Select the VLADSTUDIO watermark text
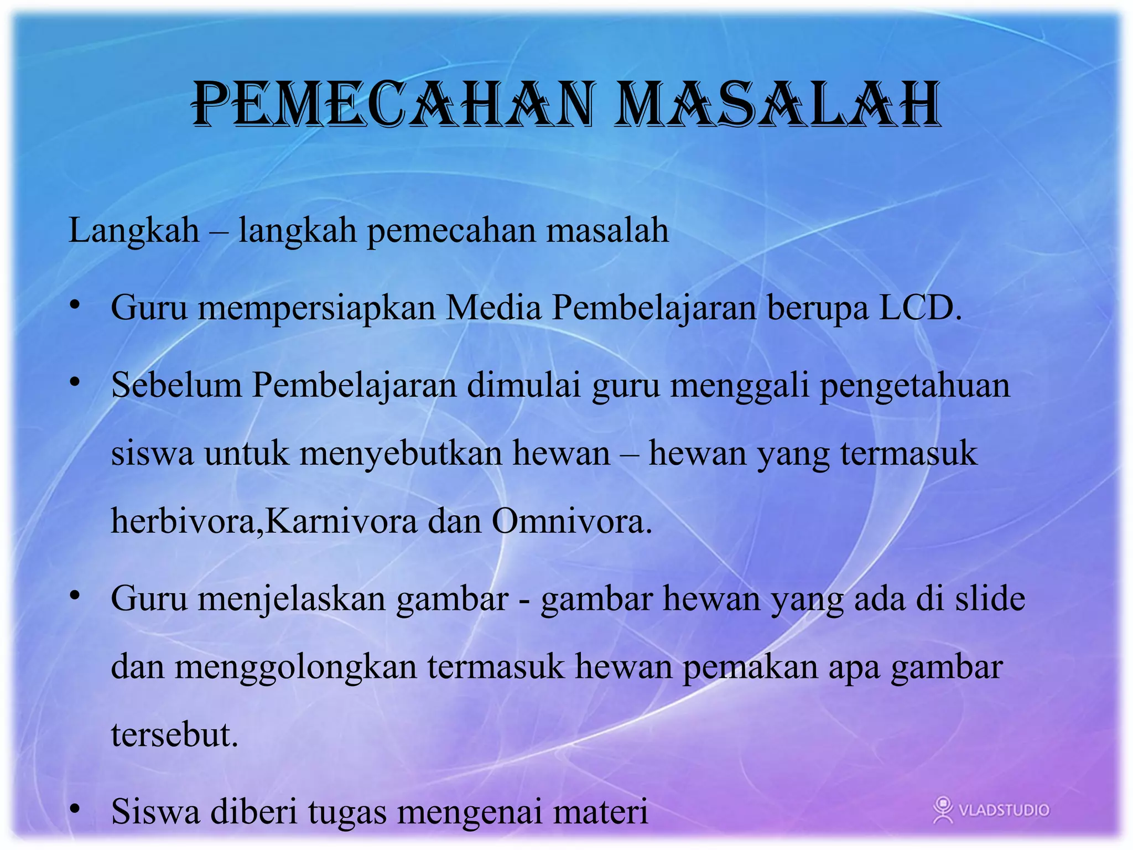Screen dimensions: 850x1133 [1004, 810]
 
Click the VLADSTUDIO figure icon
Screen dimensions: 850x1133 [943, 809]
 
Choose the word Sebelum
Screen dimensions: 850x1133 [176, 385]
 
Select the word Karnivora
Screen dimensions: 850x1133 [341, 521]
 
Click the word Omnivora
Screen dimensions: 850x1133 [571, 521]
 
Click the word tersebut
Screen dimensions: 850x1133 [174, 735]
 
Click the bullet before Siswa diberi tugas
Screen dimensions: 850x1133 [75, 808]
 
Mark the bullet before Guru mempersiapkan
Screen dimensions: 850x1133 [75, 305]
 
